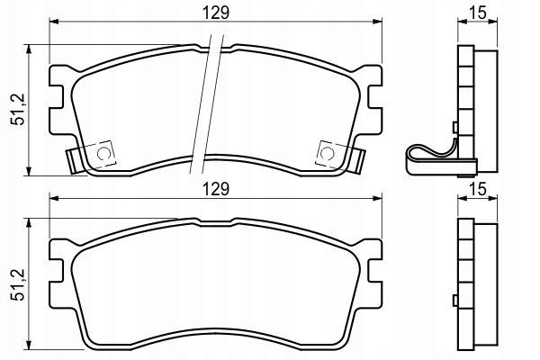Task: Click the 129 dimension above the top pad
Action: tap(216, 13)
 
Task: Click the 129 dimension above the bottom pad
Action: tap(216, 190)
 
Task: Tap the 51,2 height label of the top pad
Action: tap(18, 109)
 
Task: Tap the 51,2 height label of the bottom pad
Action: tap(18, 284)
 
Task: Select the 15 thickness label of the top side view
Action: tap(478, 13)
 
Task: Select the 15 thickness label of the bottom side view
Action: tap(478, 190)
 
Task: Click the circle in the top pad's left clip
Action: tap(103, 153)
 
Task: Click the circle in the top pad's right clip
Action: tap(327, 153)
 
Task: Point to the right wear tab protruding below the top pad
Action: tap(356, 161)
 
